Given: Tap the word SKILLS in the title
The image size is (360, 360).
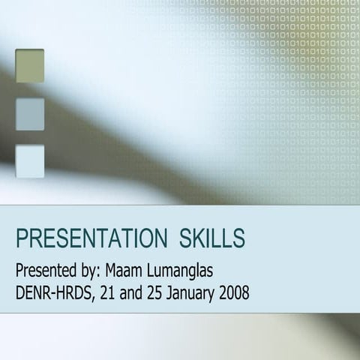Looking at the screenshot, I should (212, 238).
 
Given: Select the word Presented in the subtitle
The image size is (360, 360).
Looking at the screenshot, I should (46, 269).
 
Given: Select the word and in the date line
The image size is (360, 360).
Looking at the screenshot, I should (133, 291).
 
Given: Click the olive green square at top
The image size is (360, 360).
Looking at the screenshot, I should (30, 65).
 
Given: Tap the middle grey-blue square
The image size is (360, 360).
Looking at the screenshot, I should (30, 114).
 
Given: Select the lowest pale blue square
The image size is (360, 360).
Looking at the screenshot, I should (30, 160).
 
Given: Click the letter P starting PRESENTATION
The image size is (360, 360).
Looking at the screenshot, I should (22, 238).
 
